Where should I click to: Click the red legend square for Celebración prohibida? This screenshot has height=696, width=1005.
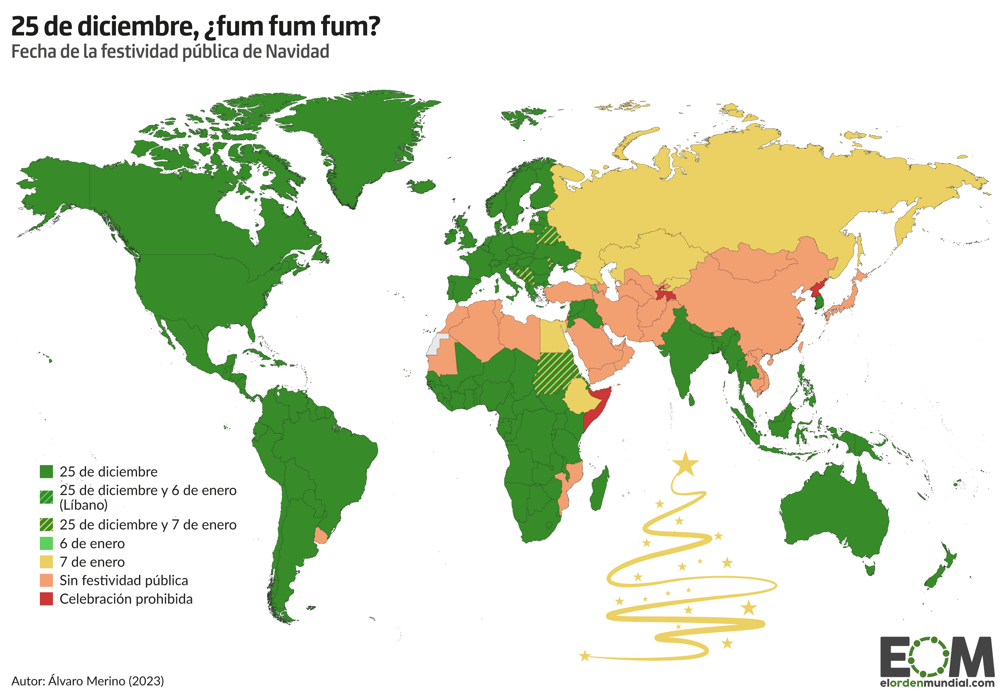46,599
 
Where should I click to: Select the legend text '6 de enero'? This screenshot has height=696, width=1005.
92,544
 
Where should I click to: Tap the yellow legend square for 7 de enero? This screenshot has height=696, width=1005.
46,562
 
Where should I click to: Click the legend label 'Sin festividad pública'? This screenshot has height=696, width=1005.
124,580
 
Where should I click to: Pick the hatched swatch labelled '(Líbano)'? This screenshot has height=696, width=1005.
46,497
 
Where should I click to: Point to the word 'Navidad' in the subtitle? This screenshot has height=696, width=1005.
297,52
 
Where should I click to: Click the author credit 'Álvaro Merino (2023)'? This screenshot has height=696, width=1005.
106,681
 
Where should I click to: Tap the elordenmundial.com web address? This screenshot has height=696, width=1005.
937,683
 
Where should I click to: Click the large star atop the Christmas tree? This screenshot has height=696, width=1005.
685,463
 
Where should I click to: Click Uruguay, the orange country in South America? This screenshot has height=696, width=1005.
321,535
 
